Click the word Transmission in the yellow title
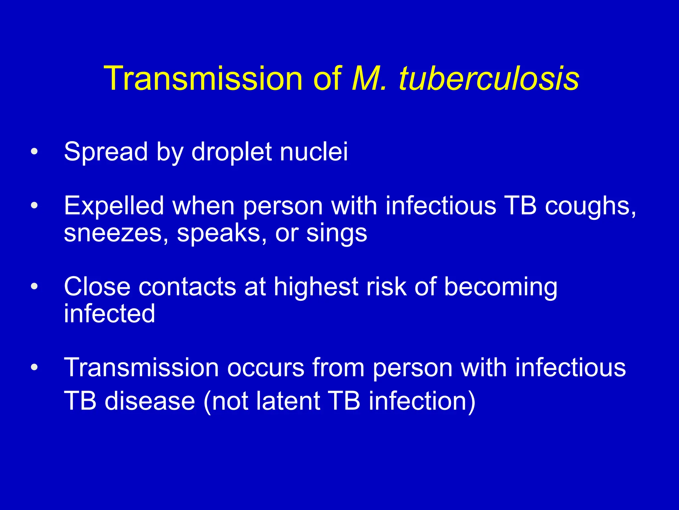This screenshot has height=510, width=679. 203,79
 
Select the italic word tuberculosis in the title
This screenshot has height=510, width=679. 489,79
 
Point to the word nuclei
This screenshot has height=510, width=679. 314,152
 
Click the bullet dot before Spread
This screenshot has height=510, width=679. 34,152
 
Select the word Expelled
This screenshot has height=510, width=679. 114,206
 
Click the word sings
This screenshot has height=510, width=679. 337,234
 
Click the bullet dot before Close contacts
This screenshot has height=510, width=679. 34,287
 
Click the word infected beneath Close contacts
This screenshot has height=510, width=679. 109,313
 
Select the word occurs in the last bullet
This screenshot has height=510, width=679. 265,368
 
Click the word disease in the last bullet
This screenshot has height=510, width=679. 150,401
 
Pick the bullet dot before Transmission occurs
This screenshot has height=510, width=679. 34,368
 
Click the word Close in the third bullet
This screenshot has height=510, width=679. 97,287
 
